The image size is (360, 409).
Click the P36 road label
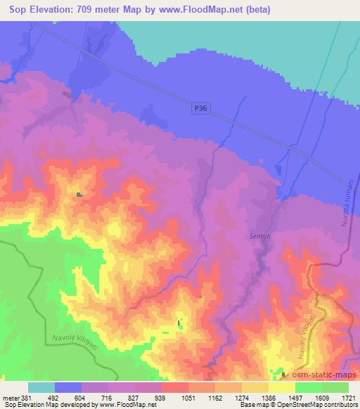coord(201,108)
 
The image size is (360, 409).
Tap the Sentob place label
coord(259,236)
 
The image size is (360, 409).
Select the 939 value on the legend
coord(161,397)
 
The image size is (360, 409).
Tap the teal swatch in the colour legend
coord(41,387)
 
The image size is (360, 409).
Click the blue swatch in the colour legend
coord(67,387)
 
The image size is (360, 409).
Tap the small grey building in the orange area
coord(80,195)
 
